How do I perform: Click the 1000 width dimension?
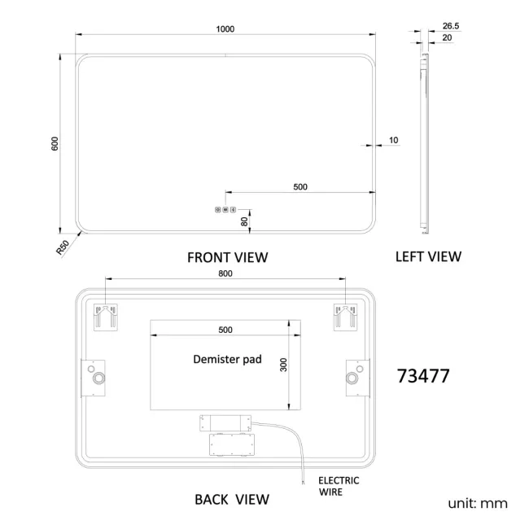(225, 29)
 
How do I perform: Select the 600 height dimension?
(55, 144)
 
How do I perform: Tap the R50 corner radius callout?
(63, 247)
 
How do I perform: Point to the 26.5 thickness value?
(451, 26)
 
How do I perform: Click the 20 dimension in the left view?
(447, 37)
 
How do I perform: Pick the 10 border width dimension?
(393, 140)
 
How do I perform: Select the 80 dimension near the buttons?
(244, 221)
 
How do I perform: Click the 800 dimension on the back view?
(225, 273)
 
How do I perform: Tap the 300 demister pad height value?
(283, 365)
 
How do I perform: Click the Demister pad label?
(227, 359)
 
